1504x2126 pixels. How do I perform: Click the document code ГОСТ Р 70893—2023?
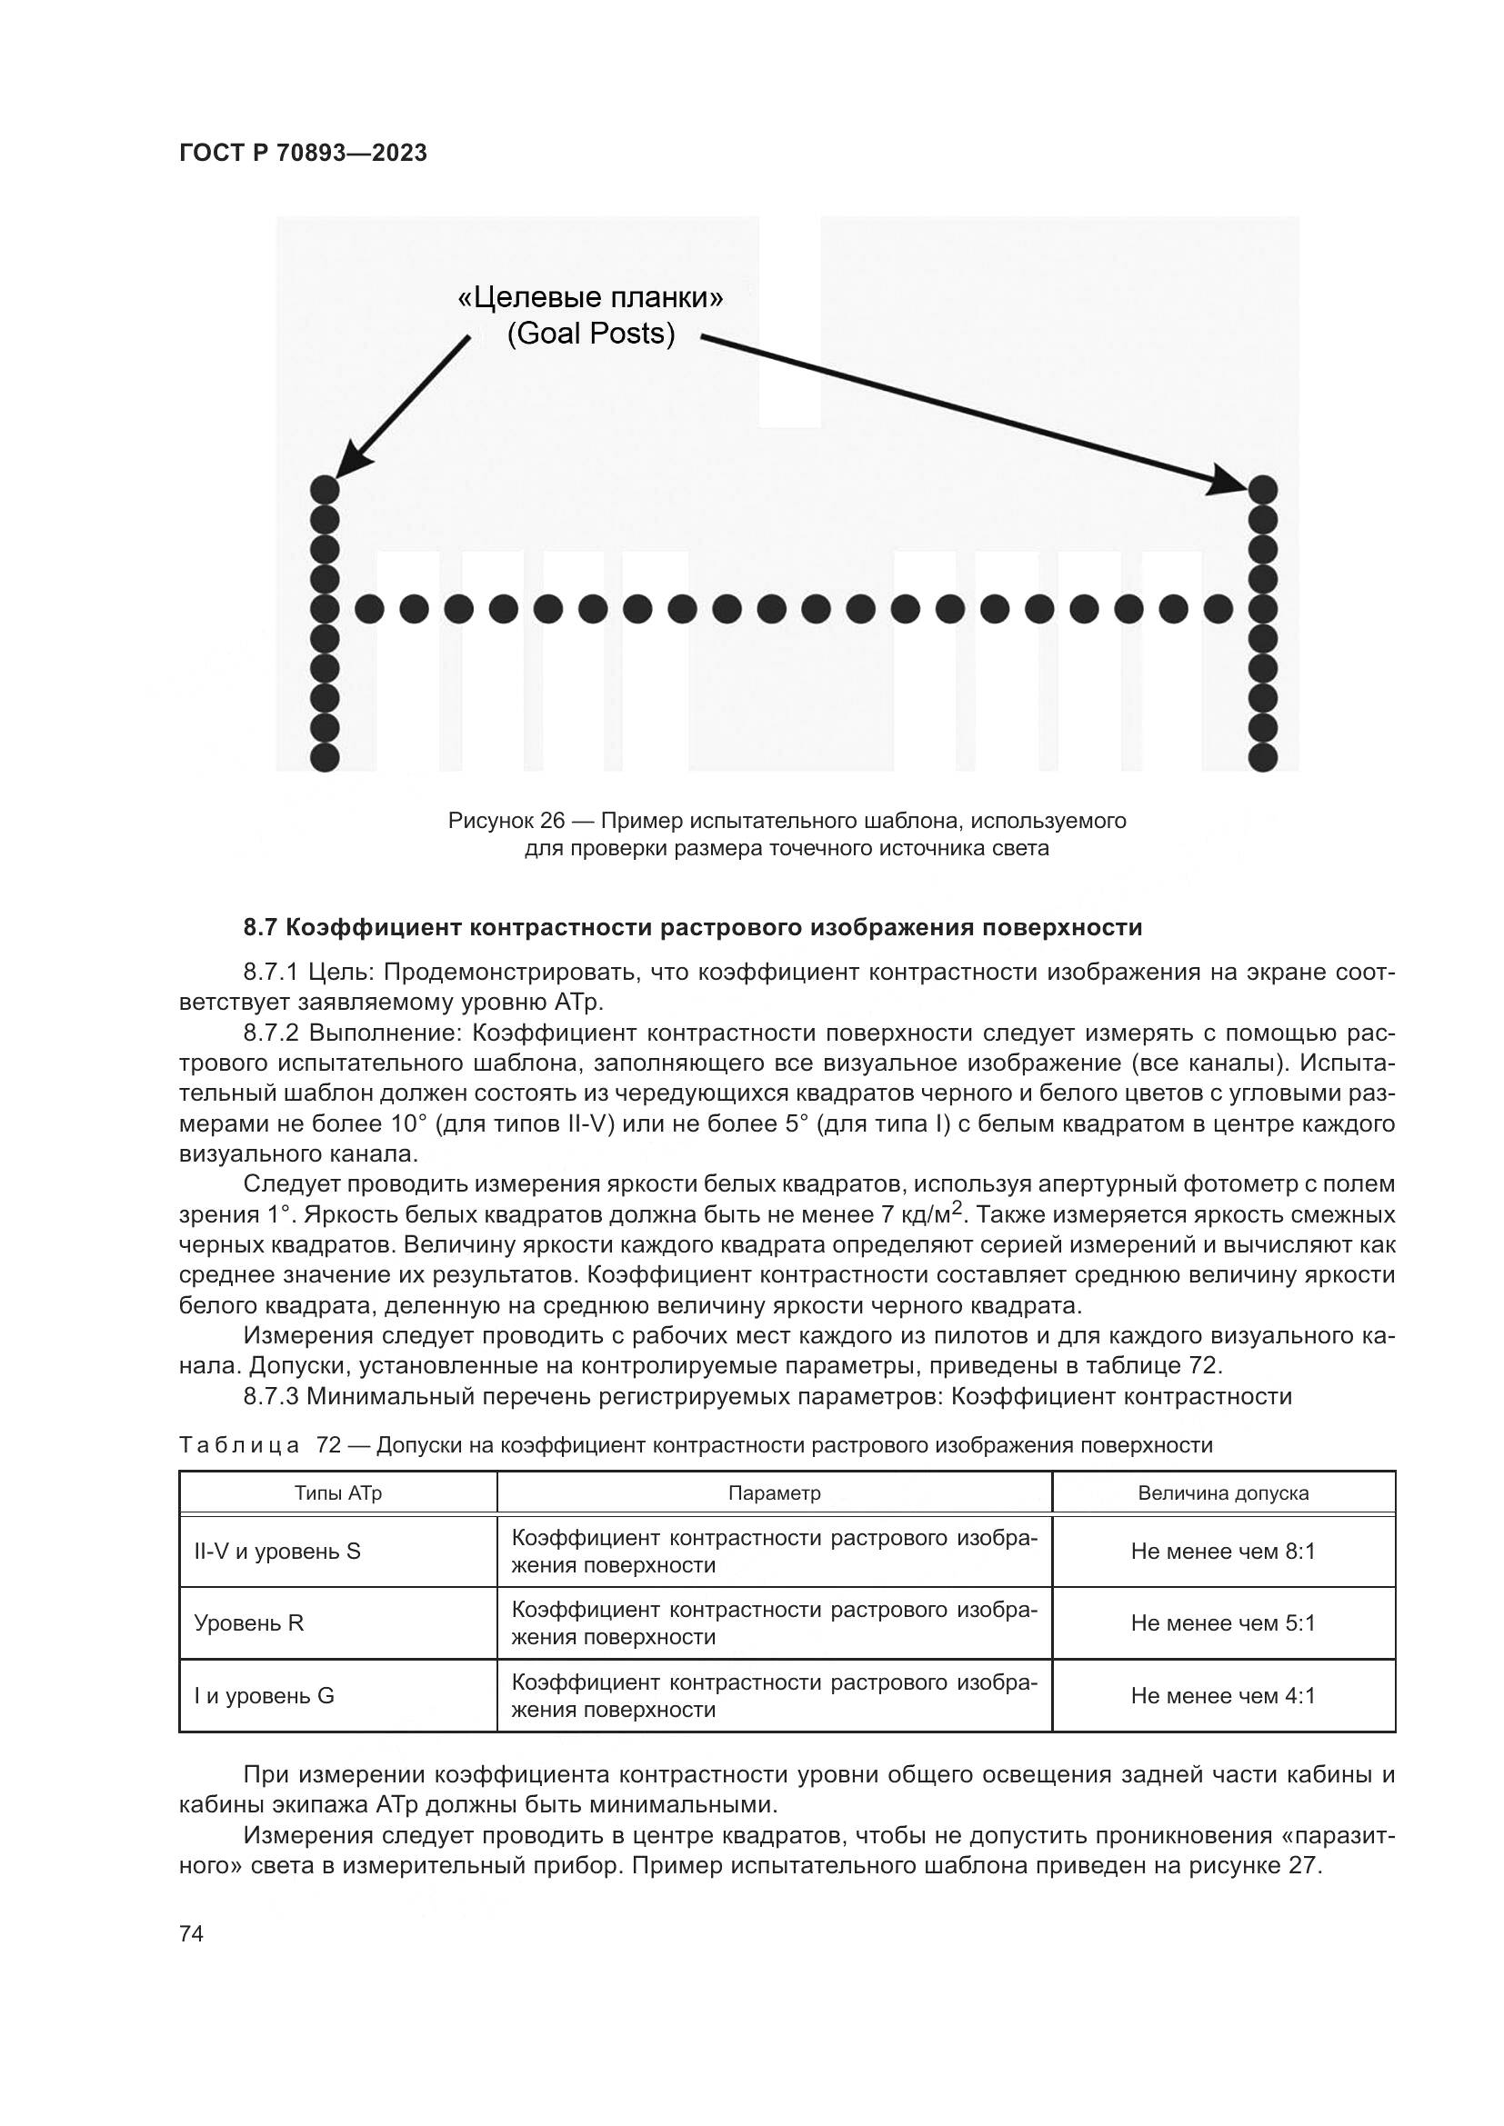[303, 154]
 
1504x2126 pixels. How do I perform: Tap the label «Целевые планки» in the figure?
[591, 298]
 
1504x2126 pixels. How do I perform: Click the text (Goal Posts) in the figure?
[591, 334]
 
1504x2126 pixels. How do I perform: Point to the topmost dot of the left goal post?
[324, 489]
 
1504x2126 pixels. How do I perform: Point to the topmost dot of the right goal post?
[1263, 489]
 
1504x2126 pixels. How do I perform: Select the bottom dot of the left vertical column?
[324, 757]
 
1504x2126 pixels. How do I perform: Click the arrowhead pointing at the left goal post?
[347, 462]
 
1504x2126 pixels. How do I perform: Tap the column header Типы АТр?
[338, 1492]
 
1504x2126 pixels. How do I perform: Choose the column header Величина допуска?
[1222, 1492]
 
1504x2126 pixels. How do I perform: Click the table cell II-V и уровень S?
[277, 1551]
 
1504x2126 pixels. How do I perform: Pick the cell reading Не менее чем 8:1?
[1222, 1551]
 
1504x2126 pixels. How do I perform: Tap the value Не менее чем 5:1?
[1222, 1622]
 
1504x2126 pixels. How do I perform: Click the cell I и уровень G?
[264, 1695]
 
